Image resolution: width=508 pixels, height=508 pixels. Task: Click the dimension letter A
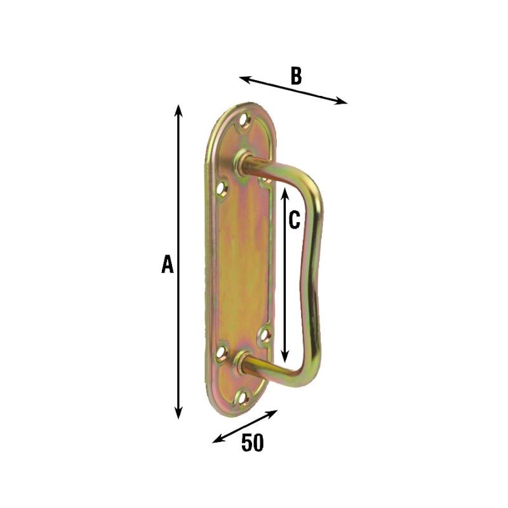click(x=168, y=264)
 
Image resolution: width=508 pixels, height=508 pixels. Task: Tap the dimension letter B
click(x=296, y=76)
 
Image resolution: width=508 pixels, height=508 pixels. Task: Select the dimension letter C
click(x=294, y=220)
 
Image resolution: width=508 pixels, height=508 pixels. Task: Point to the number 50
click(x=253, y=443)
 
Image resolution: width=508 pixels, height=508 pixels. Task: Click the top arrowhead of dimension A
click(x=178, y=110)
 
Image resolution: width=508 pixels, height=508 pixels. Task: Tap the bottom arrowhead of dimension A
click(x=178, y=413)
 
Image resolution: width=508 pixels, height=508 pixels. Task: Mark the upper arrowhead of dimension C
click(x=284, y=193)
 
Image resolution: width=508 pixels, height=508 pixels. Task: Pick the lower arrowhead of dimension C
click(x=284, y=356)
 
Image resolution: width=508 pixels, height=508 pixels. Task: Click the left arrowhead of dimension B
click(x=246, y=79)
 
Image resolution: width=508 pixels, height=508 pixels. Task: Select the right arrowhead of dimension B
click(x=341, y=101)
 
